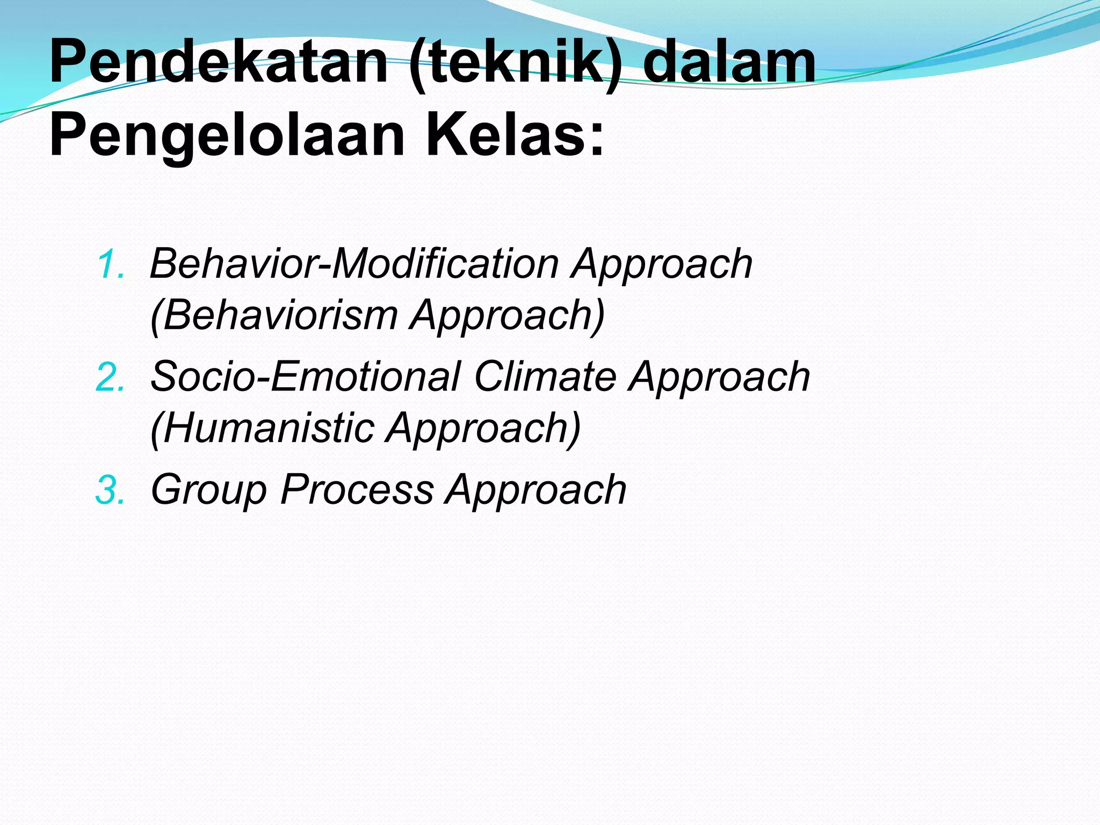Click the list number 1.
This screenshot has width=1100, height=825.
click(111, 265)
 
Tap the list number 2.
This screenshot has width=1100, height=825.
click(110, 378)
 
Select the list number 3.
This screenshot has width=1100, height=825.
click(110, 491)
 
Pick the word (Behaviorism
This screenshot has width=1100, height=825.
click(274, 315)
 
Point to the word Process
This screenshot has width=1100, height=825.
click(357, 490)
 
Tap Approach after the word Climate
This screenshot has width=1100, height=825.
click(720, 378)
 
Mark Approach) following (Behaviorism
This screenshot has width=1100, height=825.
click(508, 316)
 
